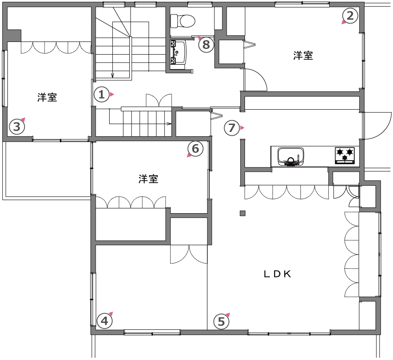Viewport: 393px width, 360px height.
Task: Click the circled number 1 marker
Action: coord(101,94)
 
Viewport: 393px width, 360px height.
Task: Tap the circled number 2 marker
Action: coord(350,16)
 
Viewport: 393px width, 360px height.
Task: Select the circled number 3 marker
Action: coord(17,127)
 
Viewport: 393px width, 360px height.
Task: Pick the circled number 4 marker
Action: coord(104,321)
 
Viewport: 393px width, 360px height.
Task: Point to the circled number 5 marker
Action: coord(221,322)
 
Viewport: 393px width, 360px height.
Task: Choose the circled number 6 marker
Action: coord(195,149)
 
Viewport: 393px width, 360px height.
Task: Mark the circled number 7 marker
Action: coord(231,128)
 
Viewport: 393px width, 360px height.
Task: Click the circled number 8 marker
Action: coord(206,45)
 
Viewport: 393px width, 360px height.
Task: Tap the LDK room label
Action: coord(277,274)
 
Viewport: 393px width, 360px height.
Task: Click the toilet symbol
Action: coord(183,21)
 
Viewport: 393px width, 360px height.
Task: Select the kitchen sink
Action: coord(291,157)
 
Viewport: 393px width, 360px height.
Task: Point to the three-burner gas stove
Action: coord(345,156)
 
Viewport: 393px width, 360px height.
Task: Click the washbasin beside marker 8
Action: coord(178,52)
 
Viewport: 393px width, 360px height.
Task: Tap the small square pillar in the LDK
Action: coord(242,213)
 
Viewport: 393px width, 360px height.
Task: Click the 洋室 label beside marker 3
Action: coord(47,97)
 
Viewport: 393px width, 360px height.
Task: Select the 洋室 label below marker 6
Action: coord(148,179)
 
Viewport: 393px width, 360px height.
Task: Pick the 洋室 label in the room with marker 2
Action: coord(303,55)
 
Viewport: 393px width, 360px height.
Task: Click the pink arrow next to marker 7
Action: coord(242,128)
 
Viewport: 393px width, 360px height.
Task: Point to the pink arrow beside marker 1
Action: coord(112,94)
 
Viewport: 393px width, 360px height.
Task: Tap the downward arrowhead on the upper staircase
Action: coord(113,75)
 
